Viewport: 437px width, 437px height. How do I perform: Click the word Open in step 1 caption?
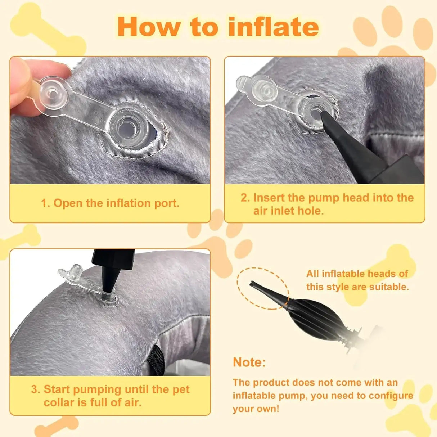(68, 203)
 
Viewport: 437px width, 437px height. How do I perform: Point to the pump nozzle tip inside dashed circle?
(256, 286)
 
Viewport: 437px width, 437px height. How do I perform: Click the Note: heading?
(249, 362)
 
